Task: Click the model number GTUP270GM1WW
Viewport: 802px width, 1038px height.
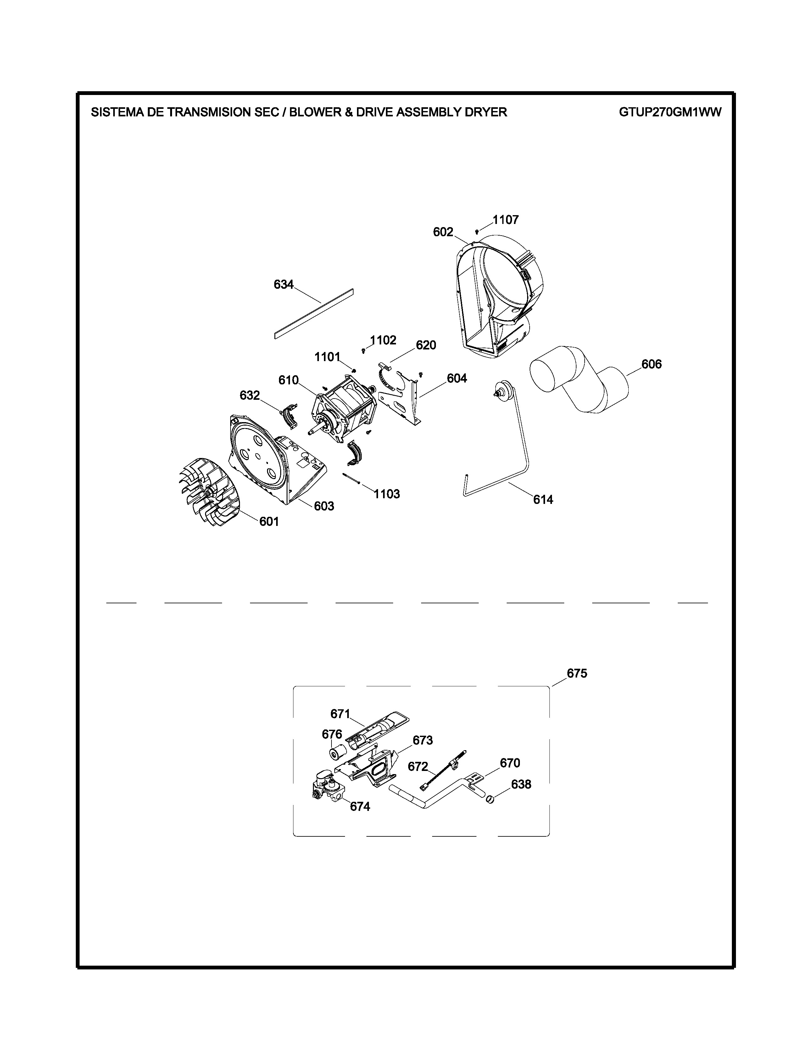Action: tap(670, 112)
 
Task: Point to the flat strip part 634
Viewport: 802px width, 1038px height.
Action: tap(314, 313)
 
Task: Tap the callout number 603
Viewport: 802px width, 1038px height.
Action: tap(324, 506)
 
